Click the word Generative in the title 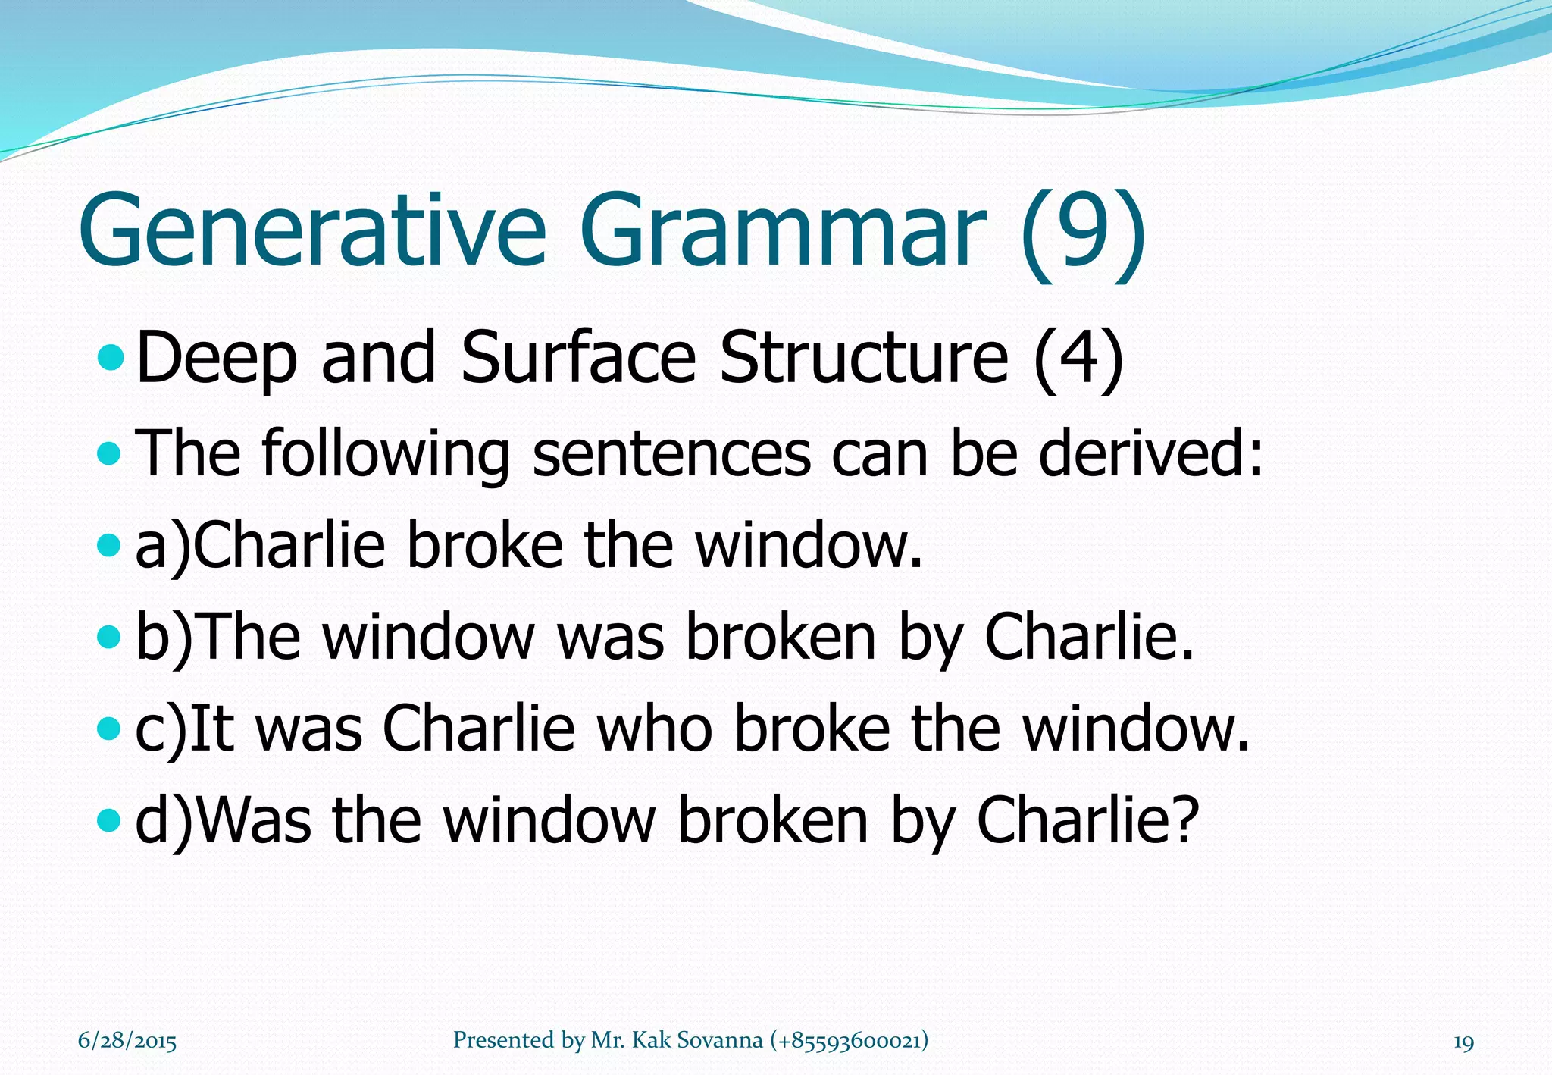point(311,231)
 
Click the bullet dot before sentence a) point(110,544)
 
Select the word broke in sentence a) point(485,544)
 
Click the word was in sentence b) point(611,637)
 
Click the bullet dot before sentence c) point(110,729)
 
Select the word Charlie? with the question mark point(1088,820)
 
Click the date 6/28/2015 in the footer point(127,1041)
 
